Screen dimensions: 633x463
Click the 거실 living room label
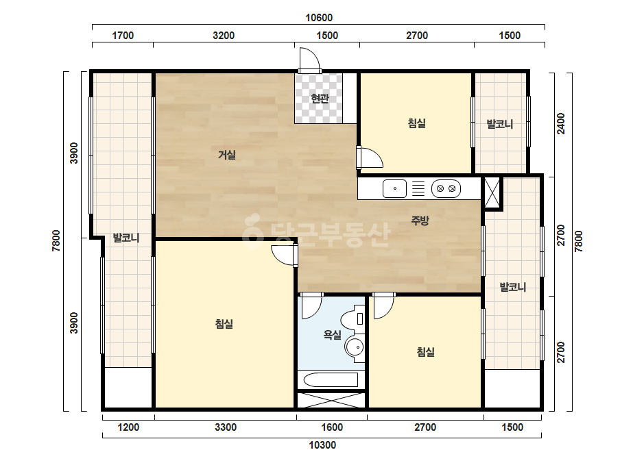click(x=227, y=155)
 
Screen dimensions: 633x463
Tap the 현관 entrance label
click(x=320, y=99)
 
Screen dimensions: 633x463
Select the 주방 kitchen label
click(x=420, y=221)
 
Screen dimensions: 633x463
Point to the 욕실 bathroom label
click(x=332, y=335)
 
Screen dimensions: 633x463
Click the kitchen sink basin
click(x=394, y=188)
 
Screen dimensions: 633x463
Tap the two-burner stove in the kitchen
click(x=446, y=188)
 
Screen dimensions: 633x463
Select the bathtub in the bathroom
click(x=331, y=380)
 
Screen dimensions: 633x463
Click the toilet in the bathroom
click(x=353, y=318)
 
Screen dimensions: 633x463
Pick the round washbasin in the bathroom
click(x=355, y=347)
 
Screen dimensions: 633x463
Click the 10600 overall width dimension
click(x=319, y=18)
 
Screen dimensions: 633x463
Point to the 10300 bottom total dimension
click(x=322, y=445)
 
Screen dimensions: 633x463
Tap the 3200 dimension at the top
click(x=224, y=36)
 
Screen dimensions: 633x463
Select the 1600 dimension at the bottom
click(x=332, y=427)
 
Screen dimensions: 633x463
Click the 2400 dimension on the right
click(x=561, y=123)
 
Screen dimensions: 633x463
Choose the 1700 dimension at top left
click(x=123, y=36)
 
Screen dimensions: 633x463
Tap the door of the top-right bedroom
click(x=370, y=158)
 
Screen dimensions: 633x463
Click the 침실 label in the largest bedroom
click(x=224, y=324)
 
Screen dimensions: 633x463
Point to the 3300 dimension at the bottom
click(x=226, y=427)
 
